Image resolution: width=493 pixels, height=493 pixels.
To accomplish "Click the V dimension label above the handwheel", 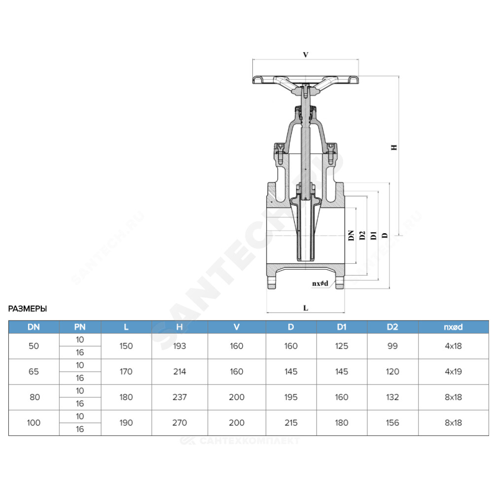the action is click(306, 55).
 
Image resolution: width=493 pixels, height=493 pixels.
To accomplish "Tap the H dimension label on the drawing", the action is click(394, 147).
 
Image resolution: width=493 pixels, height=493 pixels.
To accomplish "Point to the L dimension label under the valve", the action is click(306, 308).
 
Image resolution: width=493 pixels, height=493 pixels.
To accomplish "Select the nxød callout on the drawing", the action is click(320, 283).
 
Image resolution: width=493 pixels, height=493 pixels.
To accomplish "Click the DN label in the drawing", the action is click(351, 236).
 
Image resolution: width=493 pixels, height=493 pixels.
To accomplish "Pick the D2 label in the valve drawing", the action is click(362, 236).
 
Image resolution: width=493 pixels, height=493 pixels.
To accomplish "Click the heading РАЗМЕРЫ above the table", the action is click(27, 309).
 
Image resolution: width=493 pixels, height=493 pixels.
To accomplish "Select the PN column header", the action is click(80, 327).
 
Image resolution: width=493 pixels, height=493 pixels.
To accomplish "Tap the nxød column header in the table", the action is click(453, 327).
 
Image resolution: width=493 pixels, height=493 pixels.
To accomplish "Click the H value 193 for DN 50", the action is click(179, 346).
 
